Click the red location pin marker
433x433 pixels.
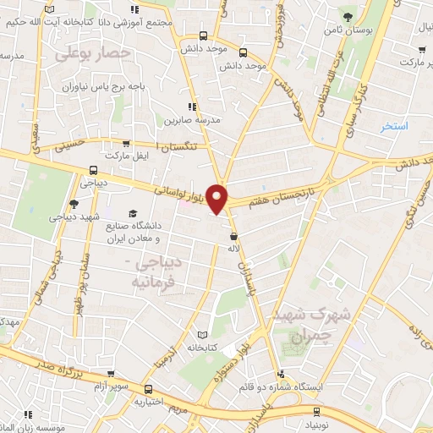tap(219, 199)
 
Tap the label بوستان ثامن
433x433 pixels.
tap(348, 30)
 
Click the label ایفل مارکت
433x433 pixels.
tap(124, 157)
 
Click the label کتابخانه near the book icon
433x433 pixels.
tap(203, 347)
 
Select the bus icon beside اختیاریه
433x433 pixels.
tap(150, 390)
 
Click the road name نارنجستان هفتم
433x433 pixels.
tap(273, 195)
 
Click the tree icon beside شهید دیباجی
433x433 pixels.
tap(74, 203)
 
